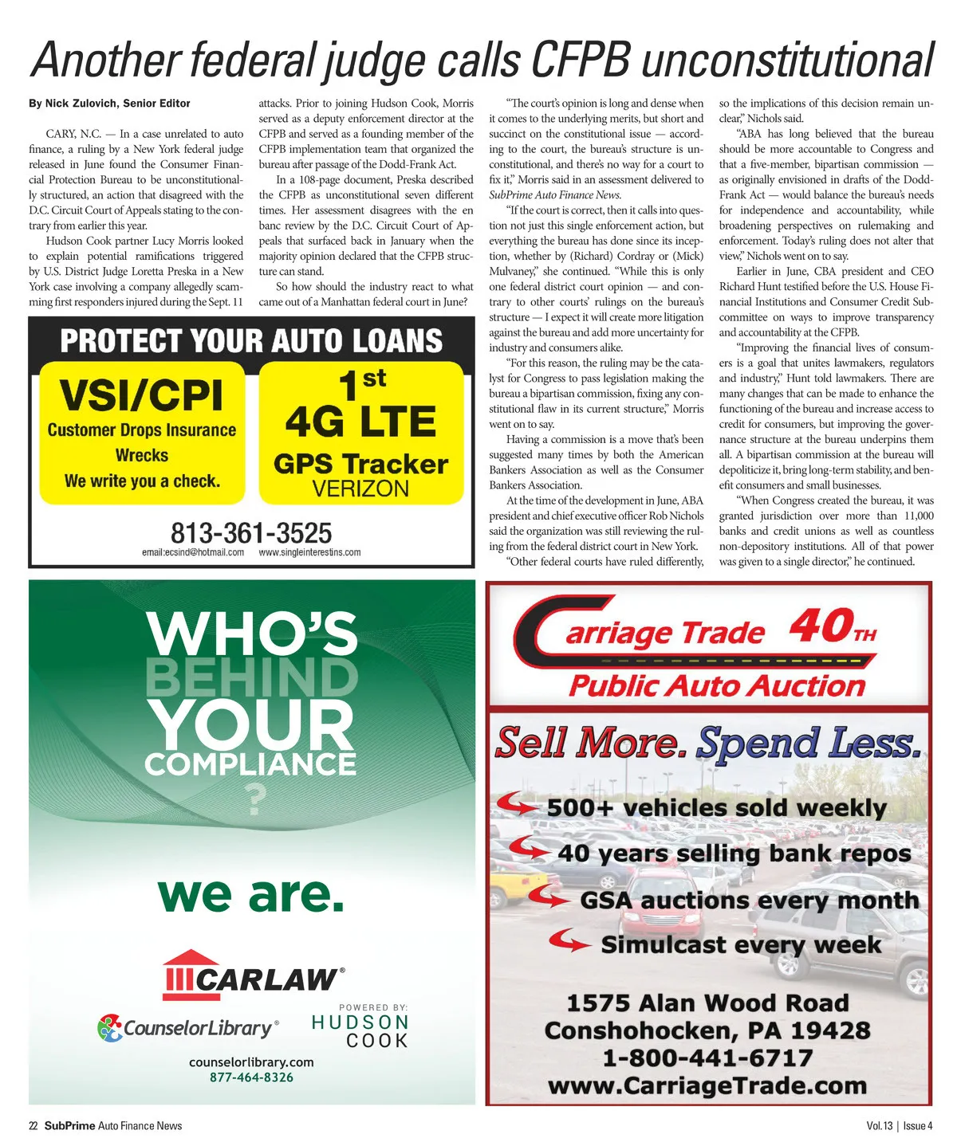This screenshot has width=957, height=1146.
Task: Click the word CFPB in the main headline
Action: click(581, 59)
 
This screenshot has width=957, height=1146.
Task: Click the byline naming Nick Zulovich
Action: click(109, 104)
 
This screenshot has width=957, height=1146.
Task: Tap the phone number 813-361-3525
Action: click(251, 532)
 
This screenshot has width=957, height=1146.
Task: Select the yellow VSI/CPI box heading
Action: click(141, 395)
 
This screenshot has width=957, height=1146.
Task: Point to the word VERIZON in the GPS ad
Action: click(360, 489)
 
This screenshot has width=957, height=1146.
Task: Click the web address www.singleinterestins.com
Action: click(309, 552)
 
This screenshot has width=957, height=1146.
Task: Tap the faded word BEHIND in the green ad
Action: click(252, 677)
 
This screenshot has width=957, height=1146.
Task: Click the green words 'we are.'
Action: click(251, 895)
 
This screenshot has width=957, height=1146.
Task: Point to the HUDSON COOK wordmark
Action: click(360, 1031)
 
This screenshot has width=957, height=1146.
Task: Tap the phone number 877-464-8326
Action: click(251, 1077)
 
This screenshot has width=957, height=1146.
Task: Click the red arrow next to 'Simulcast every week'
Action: click(573, 943)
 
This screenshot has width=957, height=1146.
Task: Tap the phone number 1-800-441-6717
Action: click(707, 1058)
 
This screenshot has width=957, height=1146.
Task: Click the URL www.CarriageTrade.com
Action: click(707, 1085)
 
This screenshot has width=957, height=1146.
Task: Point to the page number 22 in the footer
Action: click(33, 1126)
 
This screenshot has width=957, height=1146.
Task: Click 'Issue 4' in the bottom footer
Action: click(918, 1126)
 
